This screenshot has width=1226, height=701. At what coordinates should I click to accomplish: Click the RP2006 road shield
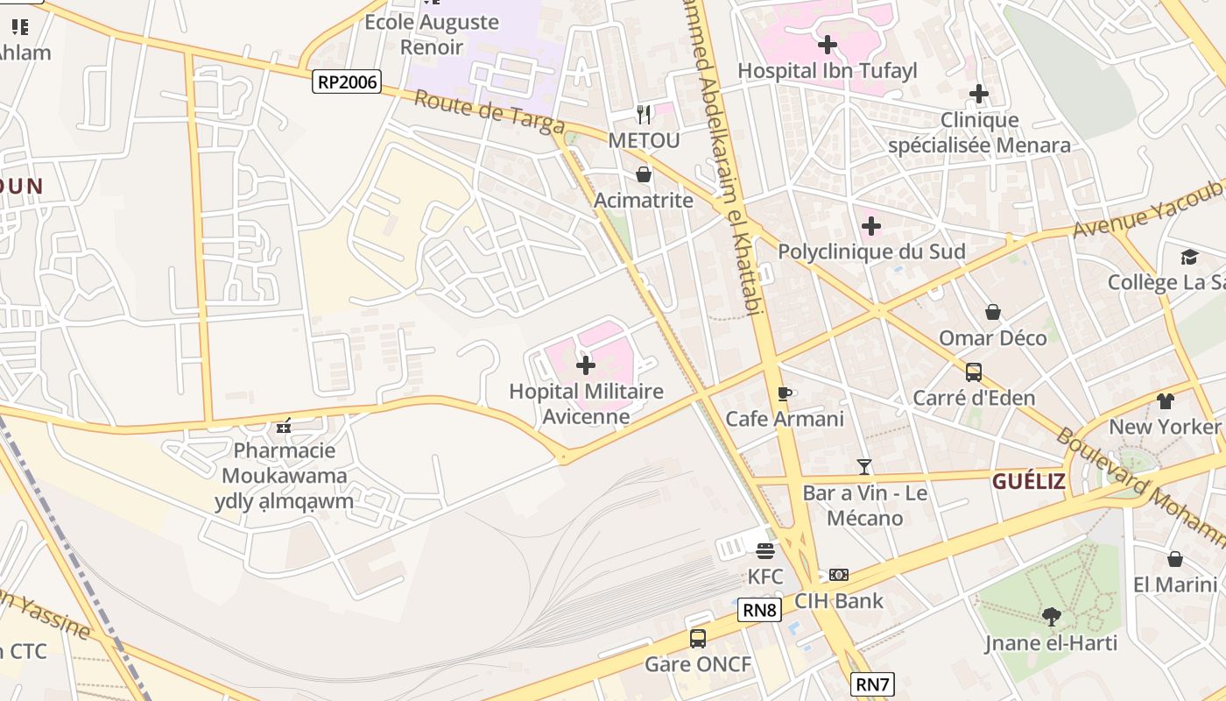tap(347, 82)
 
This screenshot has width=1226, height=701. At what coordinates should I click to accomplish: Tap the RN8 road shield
tap(758, 610)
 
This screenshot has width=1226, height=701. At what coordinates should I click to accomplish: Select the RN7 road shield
tap(872, 684)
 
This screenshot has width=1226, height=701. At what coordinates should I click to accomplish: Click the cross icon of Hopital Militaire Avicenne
tap(586, 365)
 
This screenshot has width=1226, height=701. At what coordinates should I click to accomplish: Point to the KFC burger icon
tap(765, 551)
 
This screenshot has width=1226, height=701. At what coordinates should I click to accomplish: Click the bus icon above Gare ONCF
tap(698, 638)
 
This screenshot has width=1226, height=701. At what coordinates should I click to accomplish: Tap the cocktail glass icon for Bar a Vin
tap(864, 467)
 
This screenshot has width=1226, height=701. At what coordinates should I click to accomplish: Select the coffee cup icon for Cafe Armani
tap(785, 393)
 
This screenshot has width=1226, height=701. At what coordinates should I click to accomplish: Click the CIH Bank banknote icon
tap(839, 575)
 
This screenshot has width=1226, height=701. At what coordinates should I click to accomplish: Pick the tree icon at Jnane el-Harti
tap(1051, 617)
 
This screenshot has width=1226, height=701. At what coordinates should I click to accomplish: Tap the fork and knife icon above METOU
tap(644, 114)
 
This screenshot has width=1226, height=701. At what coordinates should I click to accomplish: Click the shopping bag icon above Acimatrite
tap(644, 174)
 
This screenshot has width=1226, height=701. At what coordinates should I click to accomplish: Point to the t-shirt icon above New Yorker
tap(1165, 401)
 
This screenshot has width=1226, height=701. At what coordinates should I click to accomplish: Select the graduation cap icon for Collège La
tap(1189, 257)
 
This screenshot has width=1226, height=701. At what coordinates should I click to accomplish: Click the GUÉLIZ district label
tap(1028, 481)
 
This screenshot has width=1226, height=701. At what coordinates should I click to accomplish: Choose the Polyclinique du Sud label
tap(871, 252)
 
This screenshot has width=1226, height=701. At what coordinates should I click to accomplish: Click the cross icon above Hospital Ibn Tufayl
tap(827, 44)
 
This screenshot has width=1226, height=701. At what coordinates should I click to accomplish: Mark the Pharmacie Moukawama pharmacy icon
tap(283, 427)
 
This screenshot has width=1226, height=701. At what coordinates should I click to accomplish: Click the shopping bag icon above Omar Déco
tap(993, 312)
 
